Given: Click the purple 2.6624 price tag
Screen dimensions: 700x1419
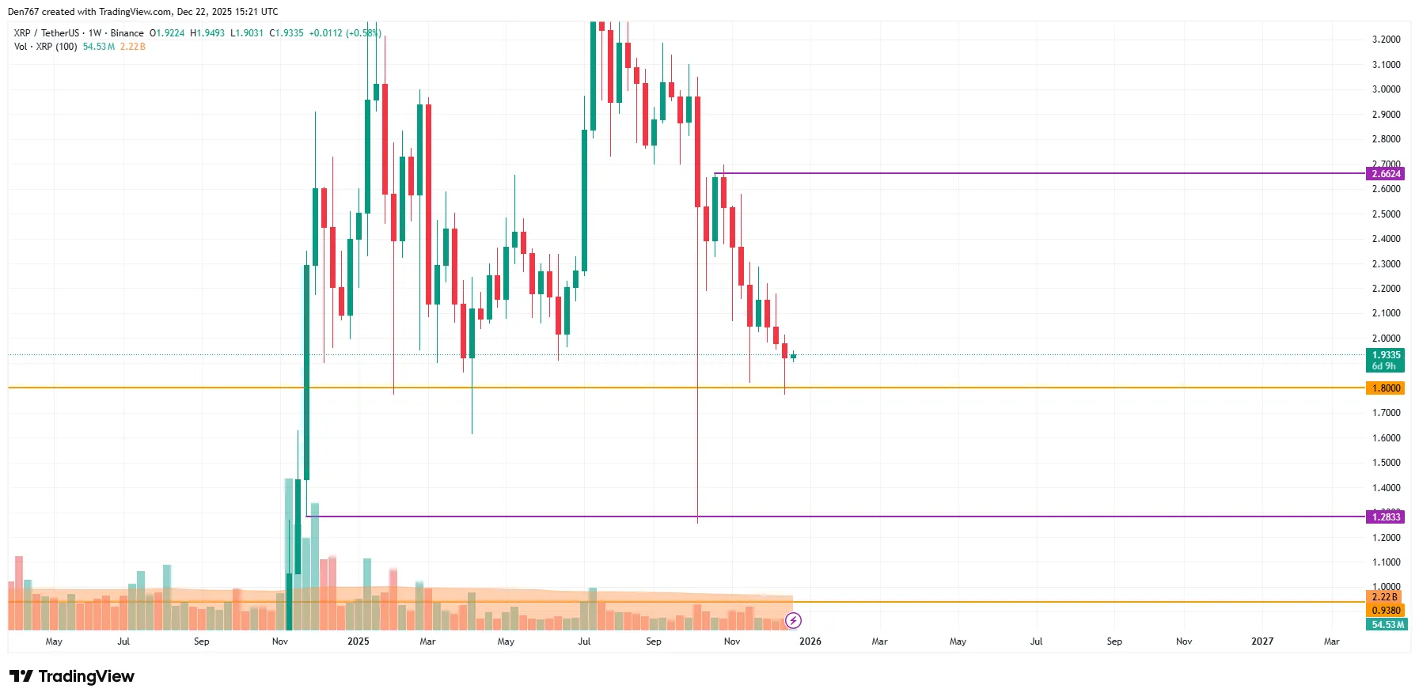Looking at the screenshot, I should (x=1385, y=174).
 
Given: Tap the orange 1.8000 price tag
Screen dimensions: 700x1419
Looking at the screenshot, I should (x=1385, y=388).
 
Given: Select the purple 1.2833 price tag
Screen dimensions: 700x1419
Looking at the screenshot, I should (x=1385, y=517).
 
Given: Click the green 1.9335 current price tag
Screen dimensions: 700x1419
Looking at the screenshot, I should (x=1385, y=356).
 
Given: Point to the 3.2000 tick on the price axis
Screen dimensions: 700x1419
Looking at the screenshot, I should (x=1386, y=40).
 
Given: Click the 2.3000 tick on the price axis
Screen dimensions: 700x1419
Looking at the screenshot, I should (x=1386, y=264).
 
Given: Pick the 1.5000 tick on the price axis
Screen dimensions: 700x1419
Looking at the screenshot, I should (x=1386, y=463).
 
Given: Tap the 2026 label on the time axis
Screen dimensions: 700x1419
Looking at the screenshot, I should (x=810, y=641).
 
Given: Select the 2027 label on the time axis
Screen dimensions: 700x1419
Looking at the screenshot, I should (x=1262, y=641).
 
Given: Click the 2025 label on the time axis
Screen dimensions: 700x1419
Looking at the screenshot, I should (x=358, y=641).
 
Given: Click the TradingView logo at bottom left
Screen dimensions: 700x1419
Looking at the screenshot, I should (x=72, y=676).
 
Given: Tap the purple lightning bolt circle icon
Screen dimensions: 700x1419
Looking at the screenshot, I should (x=793, y=621).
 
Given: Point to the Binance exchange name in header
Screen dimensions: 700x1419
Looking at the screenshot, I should (x=127, y=33).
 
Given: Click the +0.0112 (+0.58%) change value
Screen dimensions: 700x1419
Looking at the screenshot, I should (x=345, y=33).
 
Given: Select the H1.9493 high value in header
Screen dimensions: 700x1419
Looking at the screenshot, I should (x=207, y=33).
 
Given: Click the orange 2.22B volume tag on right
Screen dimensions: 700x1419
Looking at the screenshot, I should (x=1385, y=597).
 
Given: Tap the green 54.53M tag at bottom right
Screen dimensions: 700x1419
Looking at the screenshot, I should (x=1387, y=625).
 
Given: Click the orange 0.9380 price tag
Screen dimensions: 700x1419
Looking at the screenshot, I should (x=1385, y=611).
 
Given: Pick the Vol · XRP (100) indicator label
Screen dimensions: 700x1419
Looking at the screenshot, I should (x=46, y=47).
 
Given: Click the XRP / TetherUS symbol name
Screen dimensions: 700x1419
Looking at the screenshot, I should (x=47, y=33).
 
